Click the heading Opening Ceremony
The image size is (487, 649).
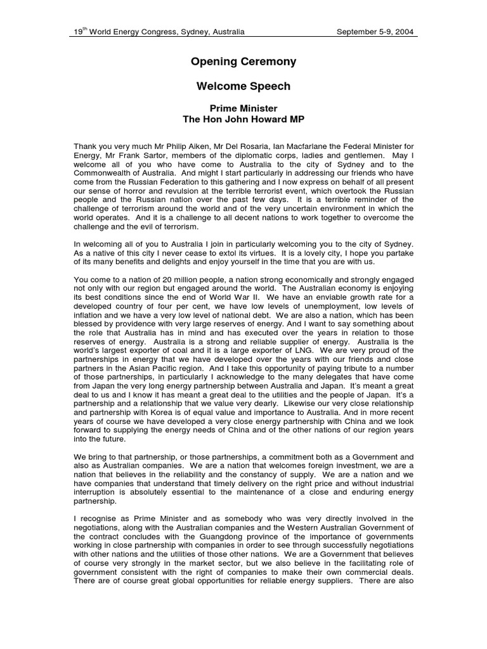(243, 62)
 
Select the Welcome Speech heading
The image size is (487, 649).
(243, 86)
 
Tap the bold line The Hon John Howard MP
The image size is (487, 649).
(243, 119)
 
